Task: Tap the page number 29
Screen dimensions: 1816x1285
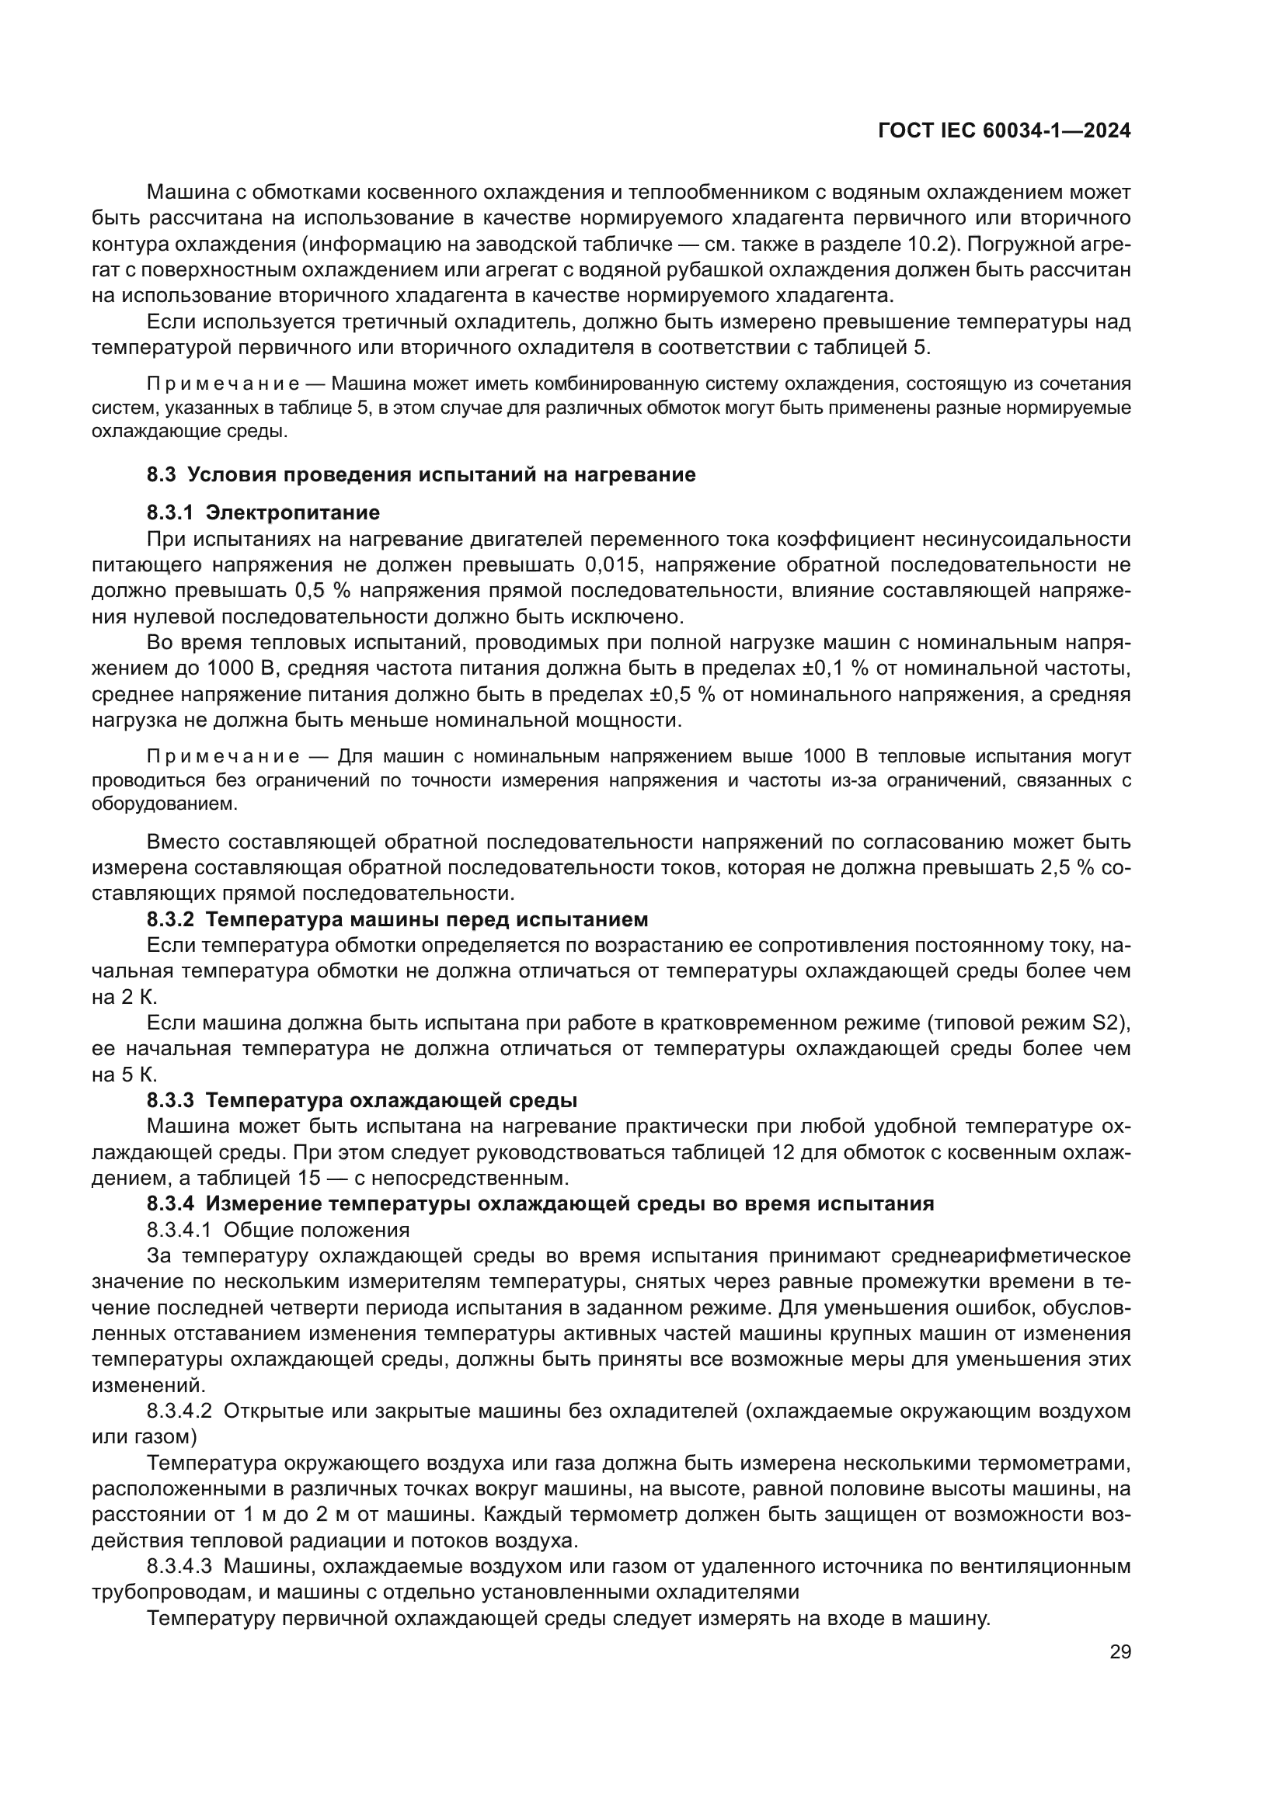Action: tap(1120, 1651)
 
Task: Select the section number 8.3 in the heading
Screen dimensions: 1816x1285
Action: tap(161, 474)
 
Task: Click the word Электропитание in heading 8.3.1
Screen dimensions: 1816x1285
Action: tap(292, 512)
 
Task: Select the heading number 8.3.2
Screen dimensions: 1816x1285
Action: tap(169, 920)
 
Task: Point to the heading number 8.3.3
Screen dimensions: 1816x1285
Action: tap(169, 1100)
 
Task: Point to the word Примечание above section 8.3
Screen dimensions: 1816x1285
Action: tap(223, 384)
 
